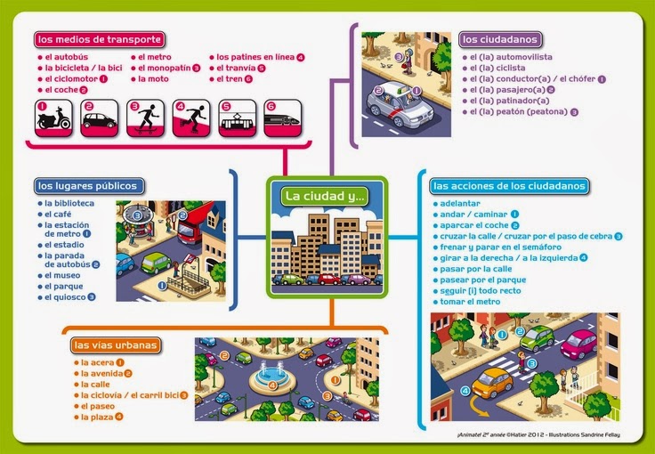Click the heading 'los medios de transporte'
(98, 39)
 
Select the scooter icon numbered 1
(53, 118)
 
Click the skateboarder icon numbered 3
(145, 118)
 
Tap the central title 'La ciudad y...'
(325, 196)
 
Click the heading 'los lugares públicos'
(86, 186)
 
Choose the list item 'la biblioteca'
(70, 204)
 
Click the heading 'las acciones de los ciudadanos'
(508, 187)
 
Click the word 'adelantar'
(460, 203)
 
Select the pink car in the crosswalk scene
(579, 343)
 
